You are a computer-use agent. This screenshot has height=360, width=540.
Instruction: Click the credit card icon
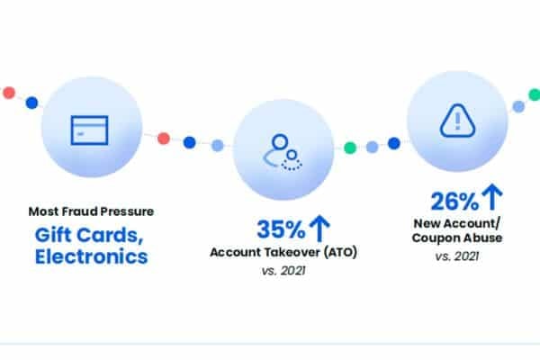click(x=89, y=130)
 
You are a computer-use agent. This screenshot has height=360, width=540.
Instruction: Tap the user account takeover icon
click(x=283, y=152)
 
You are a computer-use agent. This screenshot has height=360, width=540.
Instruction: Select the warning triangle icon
click(x=457, y=121)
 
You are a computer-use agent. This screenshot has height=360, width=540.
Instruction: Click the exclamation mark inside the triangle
click(x=457, y=121)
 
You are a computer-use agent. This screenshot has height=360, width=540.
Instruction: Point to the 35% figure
click(x=281, y=229)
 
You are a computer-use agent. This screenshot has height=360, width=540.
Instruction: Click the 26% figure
click(x=454, y=202)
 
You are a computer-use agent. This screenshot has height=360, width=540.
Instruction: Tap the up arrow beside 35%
click(x=319, y=228)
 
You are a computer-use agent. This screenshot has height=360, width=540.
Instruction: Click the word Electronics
click(x=91, y=256)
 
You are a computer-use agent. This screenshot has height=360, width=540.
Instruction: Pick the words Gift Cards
click(x=89, y=236)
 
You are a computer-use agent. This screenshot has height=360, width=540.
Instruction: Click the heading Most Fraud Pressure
click(x=91, y=211)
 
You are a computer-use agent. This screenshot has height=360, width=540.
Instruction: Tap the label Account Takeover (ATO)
click(x=283, y=252)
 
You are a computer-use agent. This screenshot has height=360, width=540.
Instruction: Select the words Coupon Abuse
click(x=456, y=238)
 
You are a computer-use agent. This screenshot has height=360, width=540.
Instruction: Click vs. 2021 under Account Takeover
click(x=283, y=271)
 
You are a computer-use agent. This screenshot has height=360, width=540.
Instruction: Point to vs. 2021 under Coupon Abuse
click(x=456, y=256)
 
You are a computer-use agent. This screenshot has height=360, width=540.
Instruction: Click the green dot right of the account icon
click(x=350, y=148)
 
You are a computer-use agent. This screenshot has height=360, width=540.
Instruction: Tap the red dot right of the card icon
click(x=164, y=139)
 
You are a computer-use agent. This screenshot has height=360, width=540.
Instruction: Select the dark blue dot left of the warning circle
click(x=394, y=143)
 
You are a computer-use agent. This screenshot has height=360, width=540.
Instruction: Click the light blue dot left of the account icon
click(x=217, y=146)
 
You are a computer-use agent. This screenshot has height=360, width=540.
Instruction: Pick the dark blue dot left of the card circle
click(x=31, y=103)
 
